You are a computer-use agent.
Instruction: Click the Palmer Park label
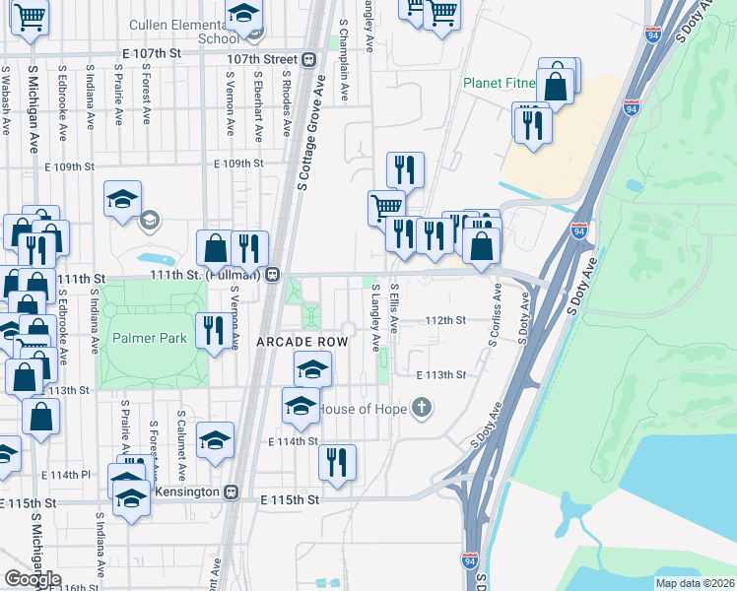coord(150,338)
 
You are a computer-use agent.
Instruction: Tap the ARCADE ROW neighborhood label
coord(302,341)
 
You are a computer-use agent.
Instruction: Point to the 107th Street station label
coord(261,58)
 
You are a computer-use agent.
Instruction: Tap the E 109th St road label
coord(238,164)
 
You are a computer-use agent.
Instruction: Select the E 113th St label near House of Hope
coord(439,375)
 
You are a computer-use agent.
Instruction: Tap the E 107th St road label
coord(153,51)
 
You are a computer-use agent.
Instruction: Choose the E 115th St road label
coord(291,500)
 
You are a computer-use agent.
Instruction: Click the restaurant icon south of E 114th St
coord(338,461)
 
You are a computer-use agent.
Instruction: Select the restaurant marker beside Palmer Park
coord(214,330)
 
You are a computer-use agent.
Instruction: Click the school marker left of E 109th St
coord(121,200)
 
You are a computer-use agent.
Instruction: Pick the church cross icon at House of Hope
coord(422,407)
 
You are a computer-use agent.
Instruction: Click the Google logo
coord(33,579)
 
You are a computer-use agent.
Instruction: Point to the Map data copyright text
coord(694,583)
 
